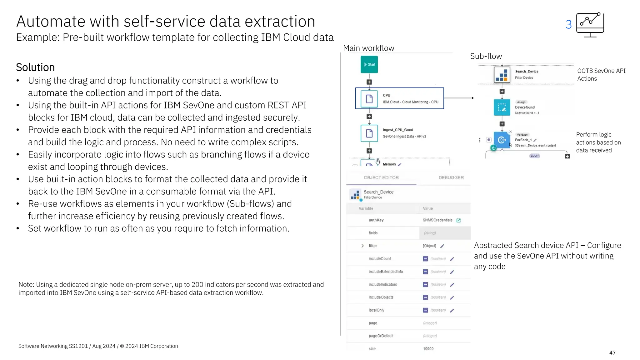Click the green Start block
click(369, 64)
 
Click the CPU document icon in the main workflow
click(369, 99)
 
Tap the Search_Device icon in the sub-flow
click(502, 74)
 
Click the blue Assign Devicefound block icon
click(502, 107)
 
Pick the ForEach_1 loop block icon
click(502, 140)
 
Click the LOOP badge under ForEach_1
click(534, 156)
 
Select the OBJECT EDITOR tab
click(381, 177)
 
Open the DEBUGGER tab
click(451, 177)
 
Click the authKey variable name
click(376, 220)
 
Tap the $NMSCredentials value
click(437, 220)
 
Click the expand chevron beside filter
click(362, 246)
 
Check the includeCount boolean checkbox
click(425, 259)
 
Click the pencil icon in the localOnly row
click(452, 310)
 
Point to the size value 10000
click(428, 349)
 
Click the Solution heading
click(35, 67)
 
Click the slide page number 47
click(612, 352)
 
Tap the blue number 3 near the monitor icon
click(568, 25)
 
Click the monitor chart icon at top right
click(590, 25)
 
